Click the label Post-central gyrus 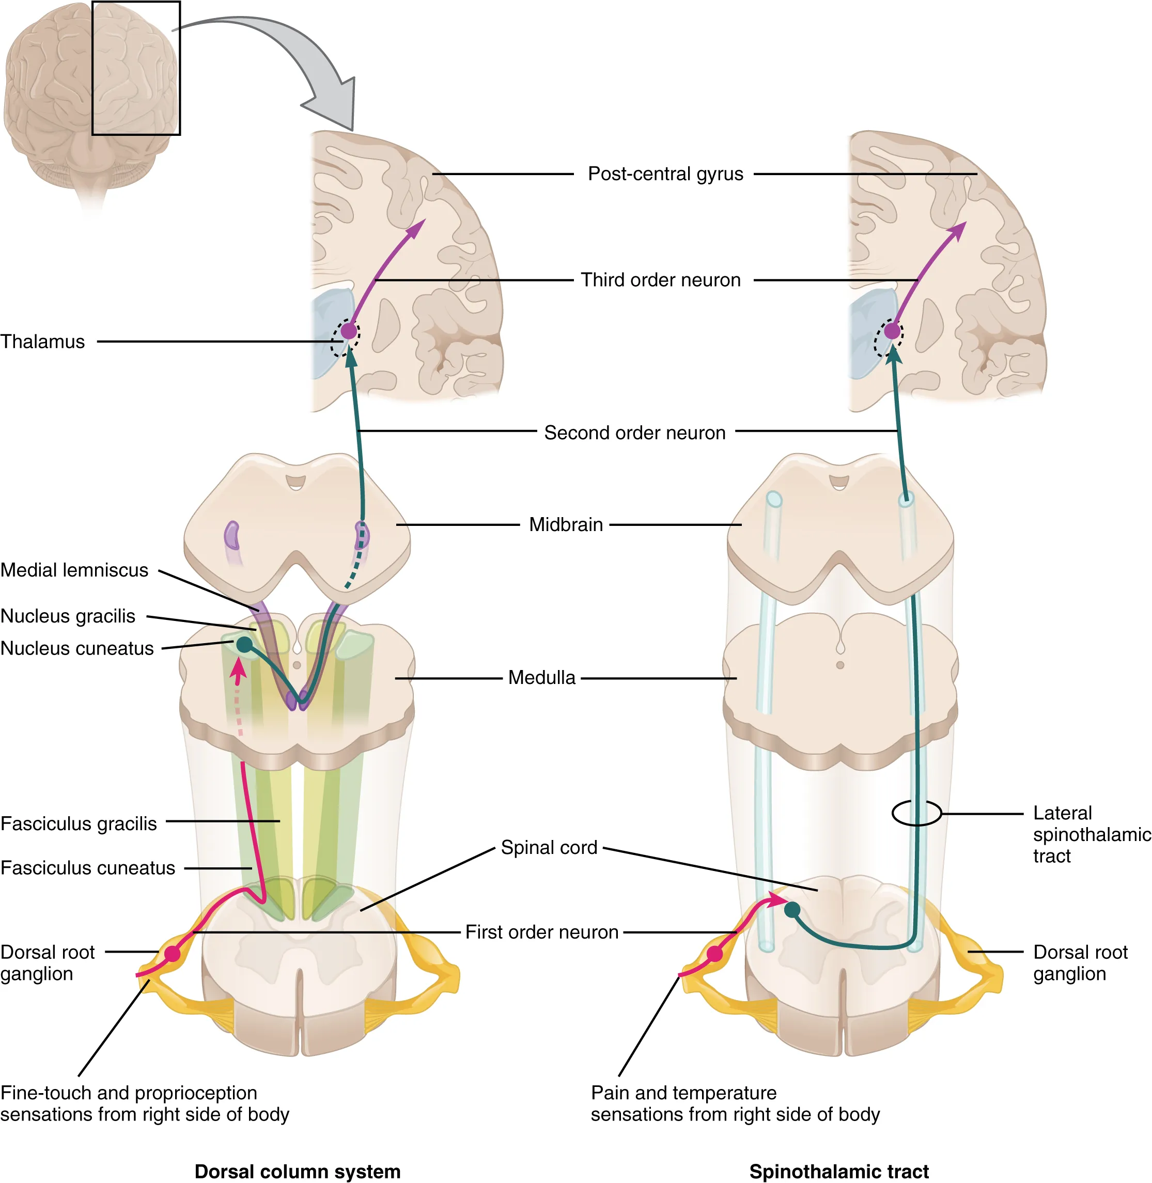pos(665,174)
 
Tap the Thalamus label pos(42,342)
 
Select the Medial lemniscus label pos(74,570)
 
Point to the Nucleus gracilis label pos(68,616)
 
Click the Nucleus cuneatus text pos(77,648)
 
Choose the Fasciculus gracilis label pos(79,823)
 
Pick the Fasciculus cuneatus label pos(88,868)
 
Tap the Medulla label pos(541,677)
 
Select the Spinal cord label pos(549,847)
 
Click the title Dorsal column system pos(297,1172)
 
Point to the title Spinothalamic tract pos(838,1172)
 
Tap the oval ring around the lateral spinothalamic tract pos(916,813)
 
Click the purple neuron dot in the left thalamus pos(349,331)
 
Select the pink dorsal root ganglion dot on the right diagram pos(715,954)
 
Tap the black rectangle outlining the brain pos(136,68)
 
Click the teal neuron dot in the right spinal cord pos(792,910)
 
